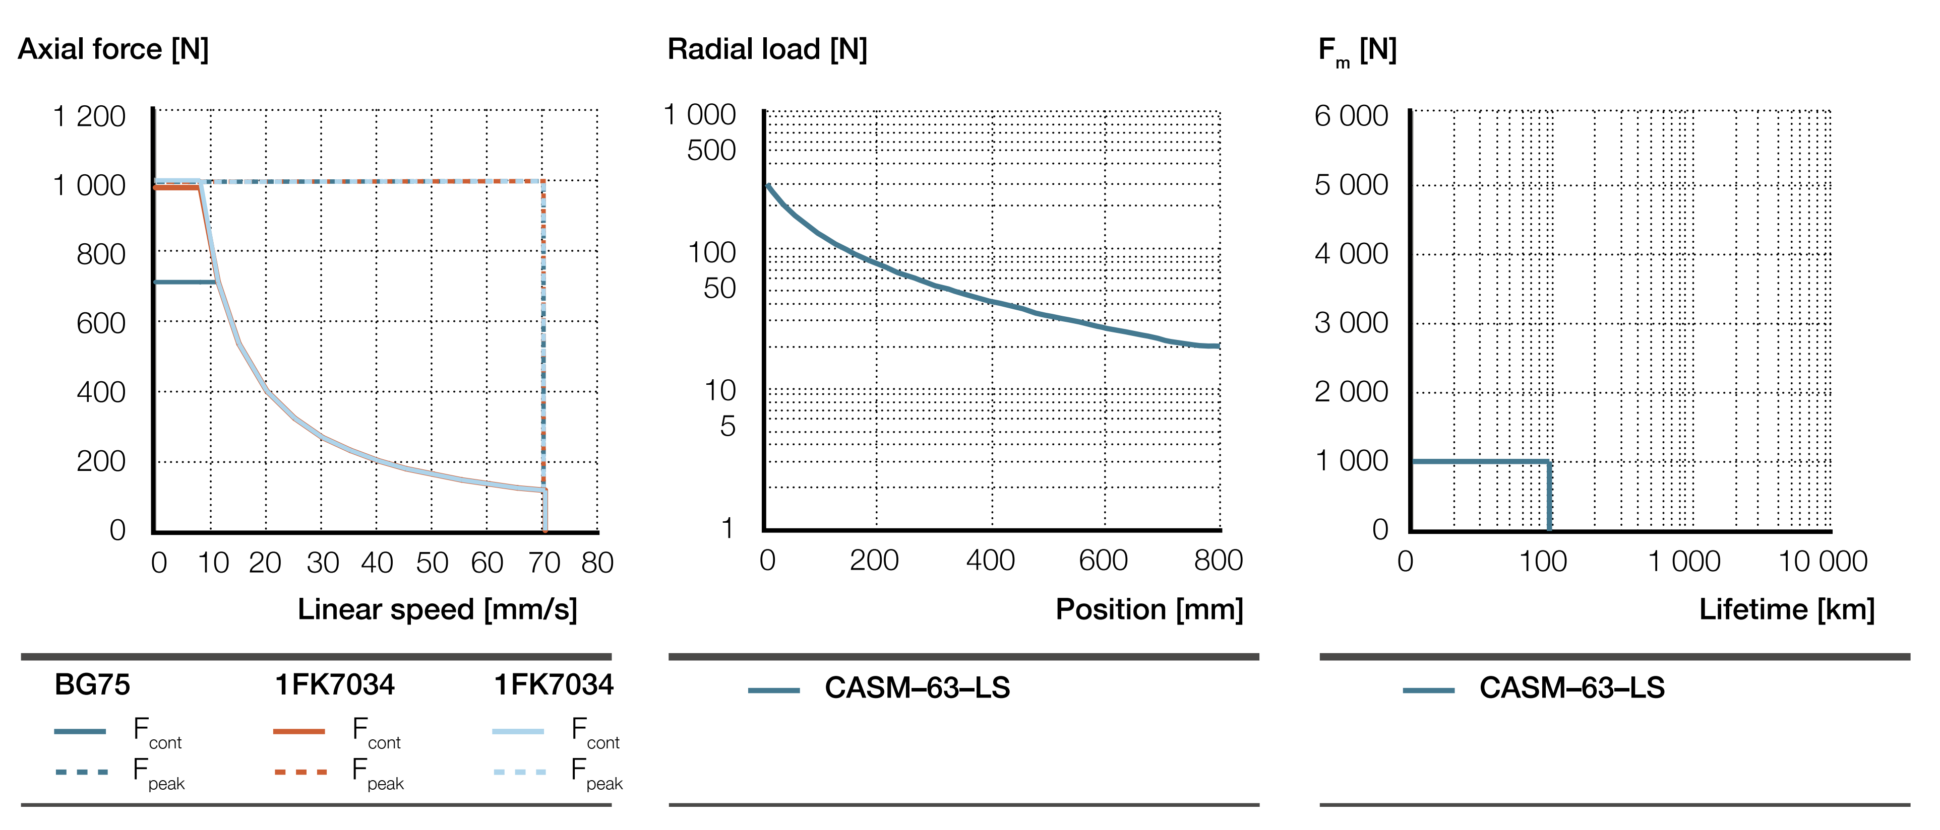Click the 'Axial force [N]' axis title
click(113, 50)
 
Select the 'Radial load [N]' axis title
click(767, 50)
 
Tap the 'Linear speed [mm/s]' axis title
click(437, 609)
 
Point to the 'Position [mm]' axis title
click(1148, 609)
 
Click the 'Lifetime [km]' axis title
click(1786, 609)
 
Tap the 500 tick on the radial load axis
click(711, 151)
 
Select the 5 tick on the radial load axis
click(727, 427)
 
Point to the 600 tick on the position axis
click(1103, 561)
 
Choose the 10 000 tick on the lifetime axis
click(1823, 562)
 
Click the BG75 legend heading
click(92, 685)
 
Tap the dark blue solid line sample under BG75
click(80, 731)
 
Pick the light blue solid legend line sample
click(518, 731)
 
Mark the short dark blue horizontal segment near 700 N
click(185, 282)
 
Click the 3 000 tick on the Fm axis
click(1351, 323)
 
